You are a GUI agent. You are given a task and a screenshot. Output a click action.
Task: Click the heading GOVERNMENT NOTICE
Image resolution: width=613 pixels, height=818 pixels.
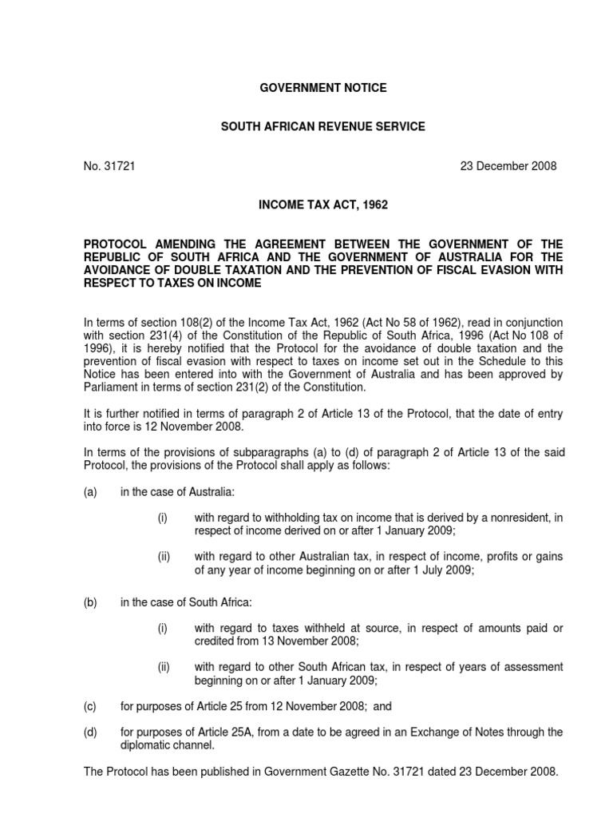pyautogui.click(x=323, y=88)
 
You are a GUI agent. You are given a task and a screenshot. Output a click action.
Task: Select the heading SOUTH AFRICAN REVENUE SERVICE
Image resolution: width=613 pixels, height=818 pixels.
pyautogui.click(x=323, y=127)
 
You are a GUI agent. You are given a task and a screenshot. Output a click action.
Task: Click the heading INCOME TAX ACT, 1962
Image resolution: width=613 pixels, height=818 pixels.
pyautogui.click(x=323, y=205)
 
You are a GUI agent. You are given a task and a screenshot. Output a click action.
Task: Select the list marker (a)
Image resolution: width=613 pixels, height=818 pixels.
pyautogui.click(x=90, y=493)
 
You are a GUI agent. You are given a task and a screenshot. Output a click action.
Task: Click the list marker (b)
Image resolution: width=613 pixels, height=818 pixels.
pyautogui.click(x=90, y=602)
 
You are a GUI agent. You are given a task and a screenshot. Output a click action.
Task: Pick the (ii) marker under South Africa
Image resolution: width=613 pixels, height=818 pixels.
pyautogui.click(x=163, y=667)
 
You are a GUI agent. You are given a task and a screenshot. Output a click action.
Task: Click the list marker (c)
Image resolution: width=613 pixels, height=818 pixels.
pyautogui.click(x=90, y=706)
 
